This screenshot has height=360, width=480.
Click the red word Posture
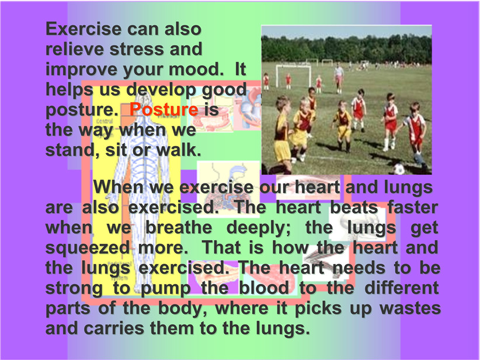[164, 109]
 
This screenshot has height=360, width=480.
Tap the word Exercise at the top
[84, 29]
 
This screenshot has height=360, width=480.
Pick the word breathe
[179, 228]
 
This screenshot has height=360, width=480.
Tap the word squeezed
[88, 248]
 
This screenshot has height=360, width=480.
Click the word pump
[166, 289]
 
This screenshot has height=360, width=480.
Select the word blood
[264, 288]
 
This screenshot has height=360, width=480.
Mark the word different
[402, 288]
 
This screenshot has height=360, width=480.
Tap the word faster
[413, 207]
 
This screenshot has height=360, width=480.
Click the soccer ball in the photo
[399, 169]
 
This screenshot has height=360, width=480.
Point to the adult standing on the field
[339, 78]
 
